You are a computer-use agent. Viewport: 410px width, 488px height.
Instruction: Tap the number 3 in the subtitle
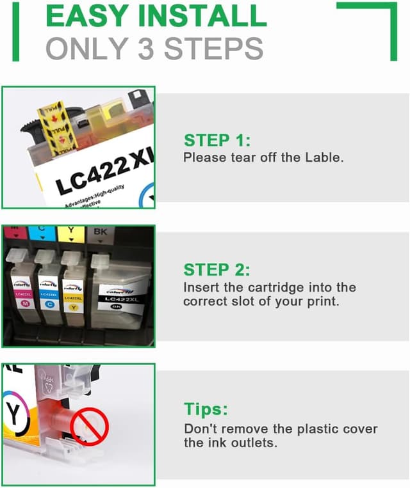click(147, 49)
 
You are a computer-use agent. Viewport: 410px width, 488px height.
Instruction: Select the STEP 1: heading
click(217, 141)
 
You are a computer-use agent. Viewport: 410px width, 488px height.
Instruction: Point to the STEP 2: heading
click(217, 270)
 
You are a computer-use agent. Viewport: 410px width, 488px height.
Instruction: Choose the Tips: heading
click(206, 409)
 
